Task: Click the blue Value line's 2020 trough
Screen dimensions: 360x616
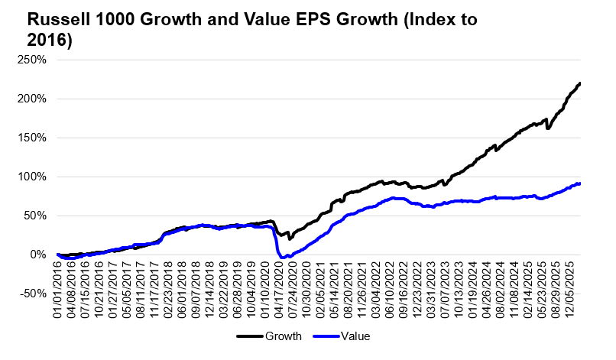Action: pyautogui.click(x=282, y=258)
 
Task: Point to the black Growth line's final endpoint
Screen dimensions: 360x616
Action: pyautogui.click(x=579, y=83)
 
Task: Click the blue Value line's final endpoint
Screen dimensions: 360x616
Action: pyautogui.click(x=579, y=183)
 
